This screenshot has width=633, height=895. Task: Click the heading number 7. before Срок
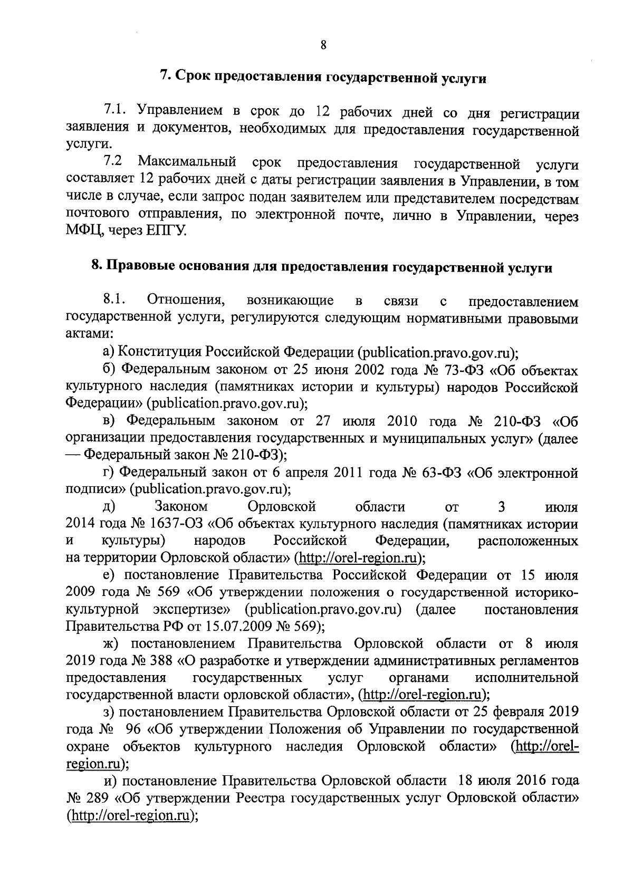coord(165,76)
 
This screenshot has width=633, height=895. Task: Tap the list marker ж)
coord(110,644)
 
